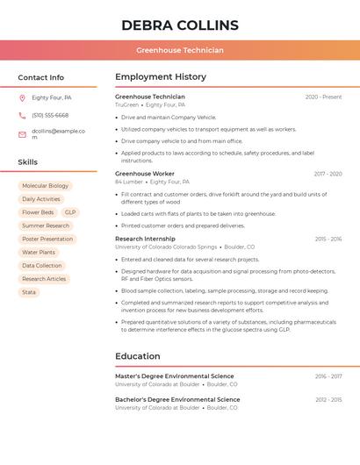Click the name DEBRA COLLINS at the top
(180, 25)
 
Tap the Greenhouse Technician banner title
(180, 50)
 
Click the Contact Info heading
(41, 77)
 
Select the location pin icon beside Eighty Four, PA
(22, 97)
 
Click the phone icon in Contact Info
(22, 115)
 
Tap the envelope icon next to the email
(22, 134)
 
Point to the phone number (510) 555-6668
(50, 115)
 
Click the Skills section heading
(28, 162)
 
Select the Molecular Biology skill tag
(45, 186)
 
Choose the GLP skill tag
(70, 212)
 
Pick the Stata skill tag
(29, 292)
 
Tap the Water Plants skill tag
(39, 253)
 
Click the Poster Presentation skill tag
(47, 239)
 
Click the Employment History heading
(161, 77)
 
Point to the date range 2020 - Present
(323, 97)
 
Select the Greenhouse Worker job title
(145, 174)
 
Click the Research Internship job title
(145, 239)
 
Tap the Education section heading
(138, 356)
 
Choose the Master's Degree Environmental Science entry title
(175, 376)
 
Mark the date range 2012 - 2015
(328, 399)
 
